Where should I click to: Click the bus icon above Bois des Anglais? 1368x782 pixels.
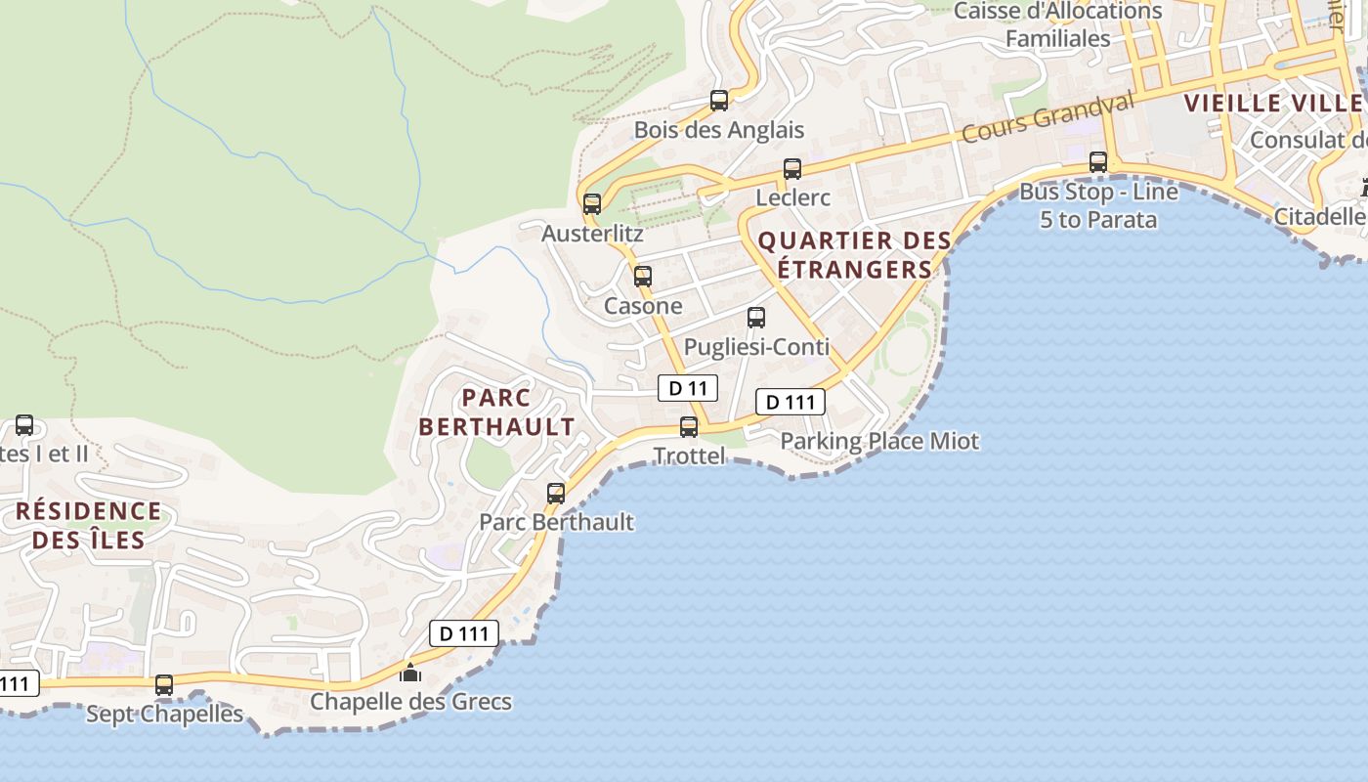(719, 100)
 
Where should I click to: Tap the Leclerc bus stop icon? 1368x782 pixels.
(792, 169)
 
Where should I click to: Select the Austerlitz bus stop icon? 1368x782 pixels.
(592, 204)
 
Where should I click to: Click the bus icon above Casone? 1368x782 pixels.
(643, 277)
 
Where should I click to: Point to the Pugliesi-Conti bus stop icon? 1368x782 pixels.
(756, 318)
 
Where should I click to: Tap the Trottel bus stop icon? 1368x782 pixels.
(689, 427)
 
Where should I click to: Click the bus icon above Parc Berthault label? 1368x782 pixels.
(556, 494)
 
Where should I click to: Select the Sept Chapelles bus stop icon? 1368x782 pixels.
(164, 685)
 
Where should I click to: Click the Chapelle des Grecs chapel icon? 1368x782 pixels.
(410, 673)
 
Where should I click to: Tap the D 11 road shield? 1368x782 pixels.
(688, 388)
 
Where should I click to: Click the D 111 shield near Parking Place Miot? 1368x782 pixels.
(791, 402)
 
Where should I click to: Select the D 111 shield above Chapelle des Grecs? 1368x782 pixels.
(464, 633)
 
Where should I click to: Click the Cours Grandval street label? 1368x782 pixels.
(1047, 117)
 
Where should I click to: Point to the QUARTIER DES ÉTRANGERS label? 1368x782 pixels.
(854, 255)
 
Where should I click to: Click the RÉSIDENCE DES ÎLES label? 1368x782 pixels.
(88, 525)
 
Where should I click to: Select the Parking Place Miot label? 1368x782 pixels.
(878, 441)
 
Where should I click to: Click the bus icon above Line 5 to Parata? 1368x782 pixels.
(1098, 162)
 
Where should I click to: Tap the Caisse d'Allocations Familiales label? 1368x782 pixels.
(1057, 24)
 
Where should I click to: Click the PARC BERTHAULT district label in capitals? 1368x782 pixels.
(496, 412)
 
